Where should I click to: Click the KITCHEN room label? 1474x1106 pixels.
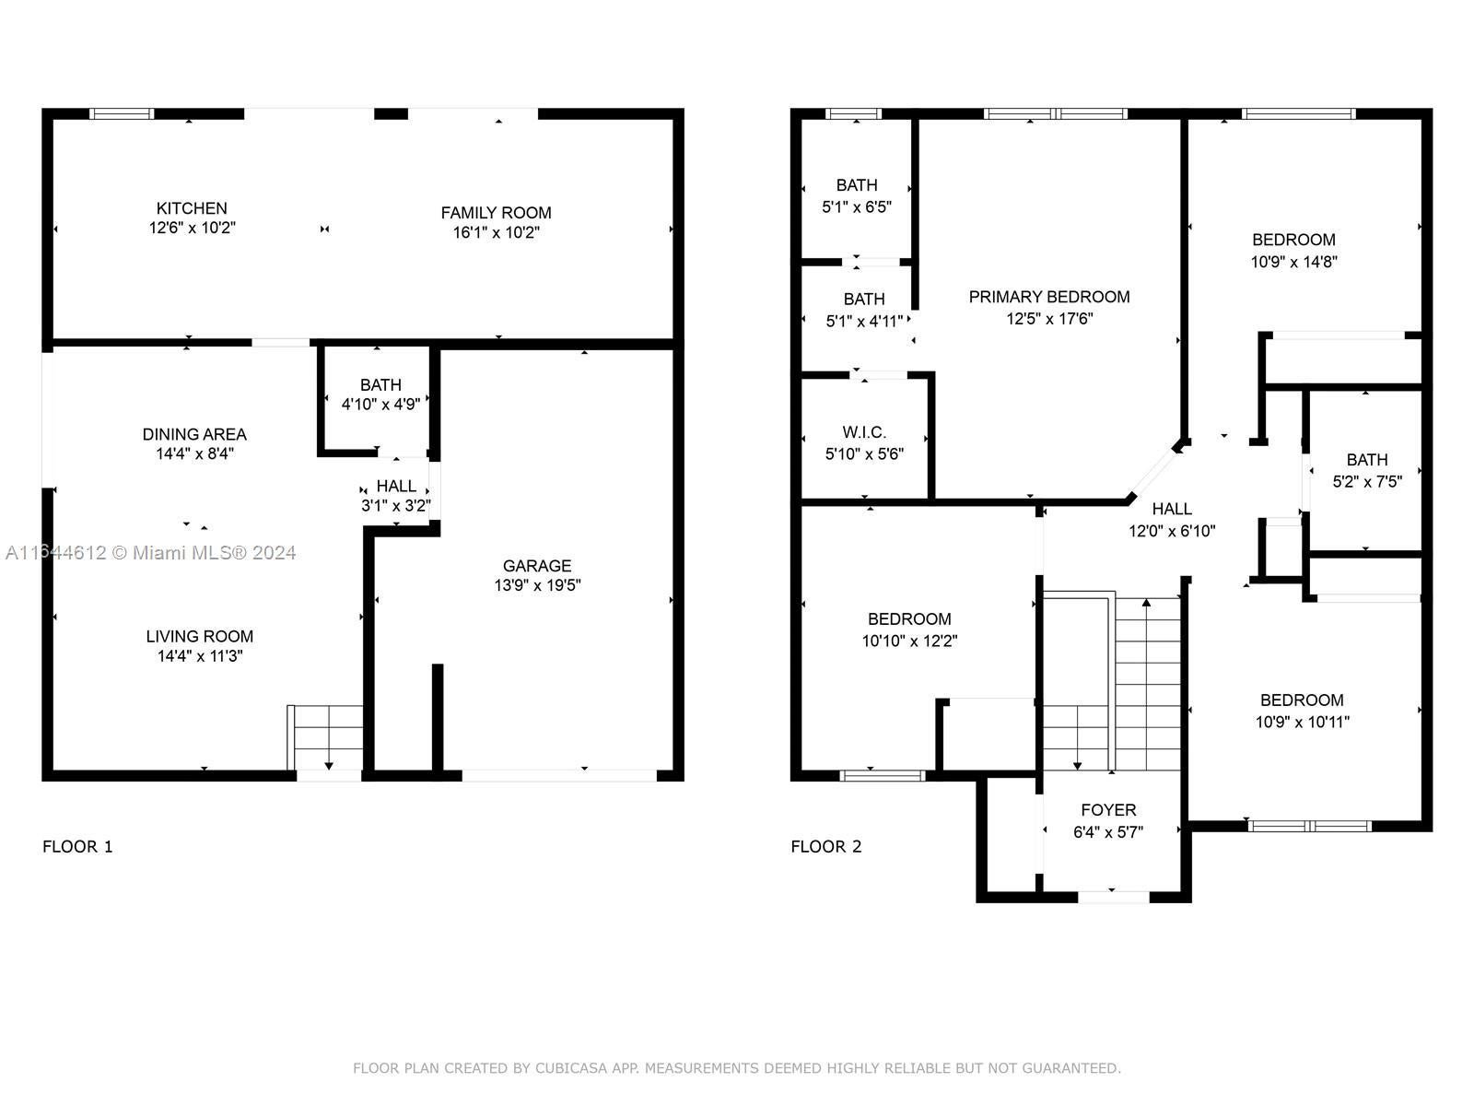pos(192,208)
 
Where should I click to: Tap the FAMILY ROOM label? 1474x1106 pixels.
pos(497,213)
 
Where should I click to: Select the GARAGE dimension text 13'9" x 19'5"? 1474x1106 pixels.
pos(537,585)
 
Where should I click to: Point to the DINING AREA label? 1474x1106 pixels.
pos(194,434)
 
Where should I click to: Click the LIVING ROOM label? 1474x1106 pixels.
pos(200,636)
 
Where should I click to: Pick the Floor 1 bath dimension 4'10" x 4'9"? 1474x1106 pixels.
pos(380,404)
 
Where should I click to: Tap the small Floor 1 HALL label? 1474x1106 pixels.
pos(396,486)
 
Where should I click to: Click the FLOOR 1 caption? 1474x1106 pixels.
pos(77,846)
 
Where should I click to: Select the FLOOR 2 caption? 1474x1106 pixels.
pos(826,846)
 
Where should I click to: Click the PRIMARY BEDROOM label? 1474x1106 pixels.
pos(1049,297)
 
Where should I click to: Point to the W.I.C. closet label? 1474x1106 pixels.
pos(864,431)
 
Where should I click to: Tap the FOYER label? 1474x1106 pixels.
pos(1108,810)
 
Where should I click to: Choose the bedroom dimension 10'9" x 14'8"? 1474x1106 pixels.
pos(1294,262)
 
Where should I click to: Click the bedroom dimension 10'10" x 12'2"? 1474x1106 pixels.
pos(910,641)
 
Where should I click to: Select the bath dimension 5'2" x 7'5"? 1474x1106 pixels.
pos(1367,481)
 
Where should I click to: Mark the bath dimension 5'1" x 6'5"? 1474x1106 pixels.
pos(857,206)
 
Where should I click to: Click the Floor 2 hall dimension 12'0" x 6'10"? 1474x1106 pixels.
pos(1172,531)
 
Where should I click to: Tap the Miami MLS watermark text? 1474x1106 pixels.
pos(150,553)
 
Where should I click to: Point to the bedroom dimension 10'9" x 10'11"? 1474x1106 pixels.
pos(1302,722)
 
